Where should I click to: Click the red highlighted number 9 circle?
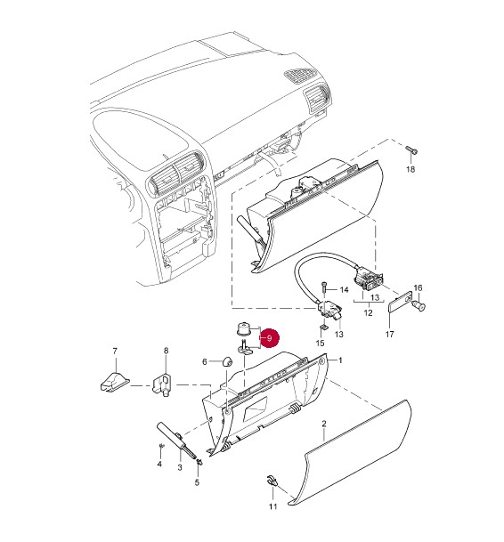pos(270,337)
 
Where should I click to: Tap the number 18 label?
pos(411,169)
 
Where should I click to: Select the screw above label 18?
pos(411,150)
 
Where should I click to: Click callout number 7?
pos(115,352)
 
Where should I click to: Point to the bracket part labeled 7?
pos(114,382)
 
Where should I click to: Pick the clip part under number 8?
pos(163,384)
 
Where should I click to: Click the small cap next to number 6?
pos(226,362)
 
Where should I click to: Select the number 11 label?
pos(273,506)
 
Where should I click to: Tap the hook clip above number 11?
pos(272,481)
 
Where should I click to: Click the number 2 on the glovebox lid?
pos(324,424)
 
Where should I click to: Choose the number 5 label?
pos(197,481)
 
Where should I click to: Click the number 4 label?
pos(159,464)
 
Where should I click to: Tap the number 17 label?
pos(389,335)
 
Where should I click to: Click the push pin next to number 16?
pos(419,305)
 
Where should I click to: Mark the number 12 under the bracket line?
pos(369,312)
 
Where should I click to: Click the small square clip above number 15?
pos(324,327)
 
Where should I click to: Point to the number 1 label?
pos(340,360)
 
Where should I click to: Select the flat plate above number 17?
pos(400,302)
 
